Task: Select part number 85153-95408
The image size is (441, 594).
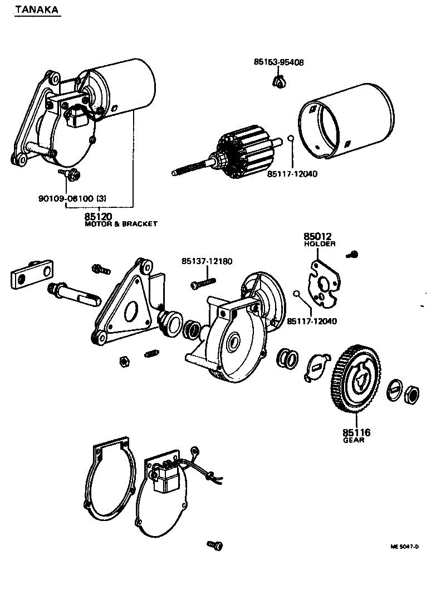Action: click(x=278, y=62)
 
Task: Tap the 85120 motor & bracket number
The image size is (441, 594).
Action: click(x=98, y=216)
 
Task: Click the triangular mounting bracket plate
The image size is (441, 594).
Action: click(x=126, y=306)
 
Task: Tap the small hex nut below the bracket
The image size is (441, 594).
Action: click(x=124, y=361)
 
